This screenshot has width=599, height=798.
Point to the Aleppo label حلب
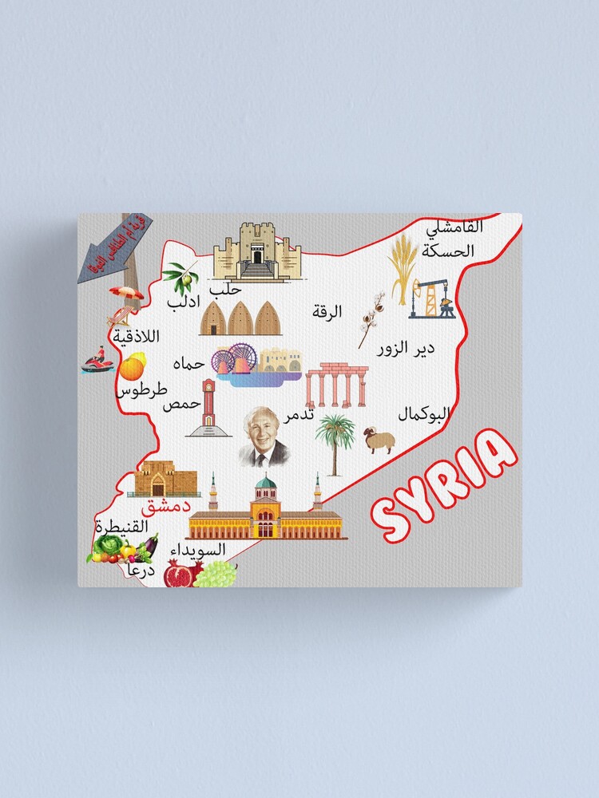[224, 289]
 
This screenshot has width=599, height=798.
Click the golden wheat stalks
[402, 267]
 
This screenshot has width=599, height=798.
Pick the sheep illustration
[379, 440]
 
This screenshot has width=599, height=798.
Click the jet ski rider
[97, 361]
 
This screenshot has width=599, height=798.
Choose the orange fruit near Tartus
[132, 367]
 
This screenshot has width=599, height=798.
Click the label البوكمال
[424, 414]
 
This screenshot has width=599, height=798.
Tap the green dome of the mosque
[265, 482]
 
